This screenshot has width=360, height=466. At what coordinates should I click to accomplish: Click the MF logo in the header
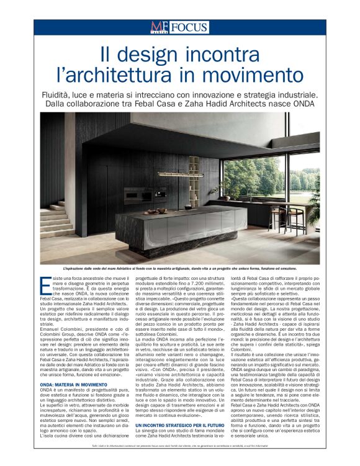click(159, 27)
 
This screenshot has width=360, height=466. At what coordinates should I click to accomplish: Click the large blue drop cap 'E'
click(44, 285)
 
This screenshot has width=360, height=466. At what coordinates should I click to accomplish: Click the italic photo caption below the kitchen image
click(179, 269)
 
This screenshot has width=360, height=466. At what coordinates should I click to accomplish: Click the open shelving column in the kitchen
click(194, 180)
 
